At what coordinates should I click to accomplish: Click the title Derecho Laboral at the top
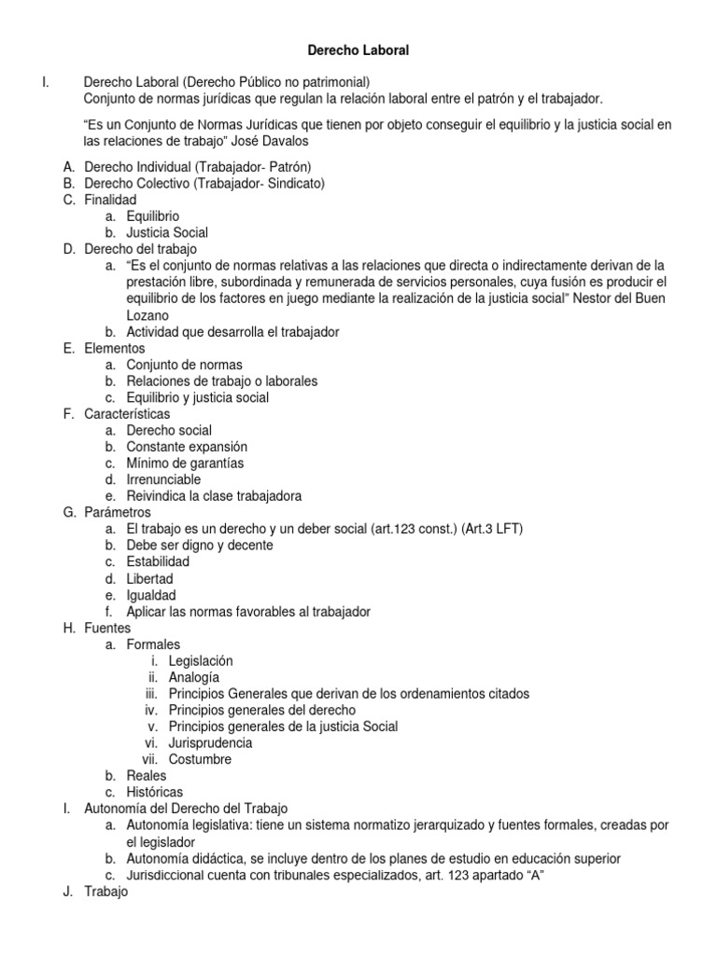358,51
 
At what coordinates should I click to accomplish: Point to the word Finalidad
110,200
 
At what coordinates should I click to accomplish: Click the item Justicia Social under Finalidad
167,232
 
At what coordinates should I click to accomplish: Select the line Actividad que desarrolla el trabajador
232,332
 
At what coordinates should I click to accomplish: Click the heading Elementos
114,348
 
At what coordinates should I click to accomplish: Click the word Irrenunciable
163,479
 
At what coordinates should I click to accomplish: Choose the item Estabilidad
158,561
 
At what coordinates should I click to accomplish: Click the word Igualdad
151,595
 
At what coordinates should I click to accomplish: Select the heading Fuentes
107,628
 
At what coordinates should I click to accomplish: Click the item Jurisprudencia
210,743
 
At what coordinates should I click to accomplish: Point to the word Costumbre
201,759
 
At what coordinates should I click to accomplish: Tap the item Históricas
155,792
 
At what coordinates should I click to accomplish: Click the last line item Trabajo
105,891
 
